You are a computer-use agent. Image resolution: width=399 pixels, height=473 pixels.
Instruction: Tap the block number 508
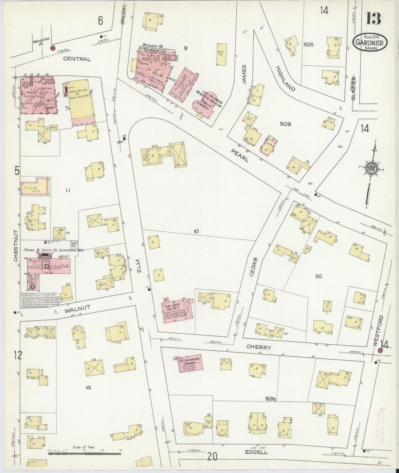[285, 124]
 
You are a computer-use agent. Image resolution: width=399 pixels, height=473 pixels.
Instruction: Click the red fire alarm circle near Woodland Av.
[52, 48]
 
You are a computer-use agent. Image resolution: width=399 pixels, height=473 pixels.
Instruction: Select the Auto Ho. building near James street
[221, 54]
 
